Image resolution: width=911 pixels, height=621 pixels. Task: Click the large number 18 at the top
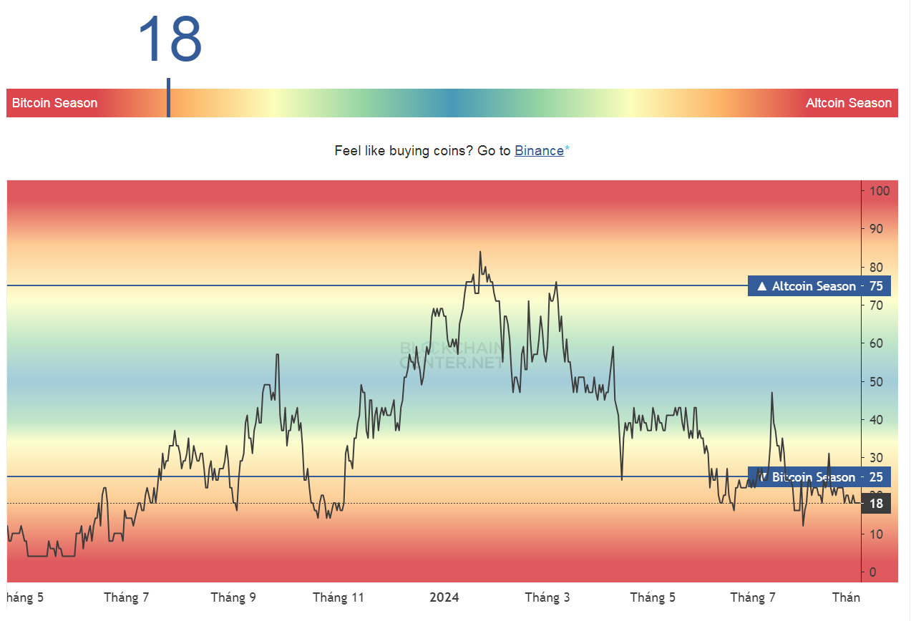pyautogui.click(x=170, y=39)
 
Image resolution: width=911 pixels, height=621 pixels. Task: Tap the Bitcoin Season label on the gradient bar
pyautogui.click(x=54, y=103)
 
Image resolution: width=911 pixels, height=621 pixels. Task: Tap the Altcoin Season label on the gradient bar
pyautogui.click(x=848, y=103)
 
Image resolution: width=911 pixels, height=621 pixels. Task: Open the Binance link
pyautogui.click(x=539, y=151)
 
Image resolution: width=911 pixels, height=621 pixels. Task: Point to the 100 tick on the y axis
pyautogui.click(x=880, y=191)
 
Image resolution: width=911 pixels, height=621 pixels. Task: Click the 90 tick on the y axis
pyautogui.click(x=876, y=229)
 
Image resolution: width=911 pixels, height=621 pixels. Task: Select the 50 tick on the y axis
pyautogui.click(x=876, y=381)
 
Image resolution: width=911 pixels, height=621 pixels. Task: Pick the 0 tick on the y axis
pyautogui.click(x=872, y=572)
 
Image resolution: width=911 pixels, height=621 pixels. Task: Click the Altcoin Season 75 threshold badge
pyautogui.click(x=819, y=286)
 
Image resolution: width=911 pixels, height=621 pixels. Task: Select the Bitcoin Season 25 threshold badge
pyautogui.click(x=819, y=477)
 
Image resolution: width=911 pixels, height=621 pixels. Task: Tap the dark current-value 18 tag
pyautogui.click(x=876, y=504)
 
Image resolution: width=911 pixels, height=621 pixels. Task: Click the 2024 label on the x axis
pyautogui.click(x=444, y=597)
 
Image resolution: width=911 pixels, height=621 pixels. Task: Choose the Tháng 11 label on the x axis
pyautogui.click(x=338, y=597)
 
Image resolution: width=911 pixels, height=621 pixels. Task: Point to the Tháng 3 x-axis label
pyautogui.click(x=547, y=597)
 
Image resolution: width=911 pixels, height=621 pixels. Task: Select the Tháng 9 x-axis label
pyautogui.click(x=233, y=597)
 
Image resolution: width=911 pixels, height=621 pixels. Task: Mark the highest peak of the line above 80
pyautogui.click(x=480, y=252)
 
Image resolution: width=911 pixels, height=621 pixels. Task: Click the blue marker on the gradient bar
pyautogui.click(x=168, y=98)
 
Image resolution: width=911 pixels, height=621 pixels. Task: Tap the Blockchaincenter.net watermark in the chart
pyautogui.click(x=452, y=355)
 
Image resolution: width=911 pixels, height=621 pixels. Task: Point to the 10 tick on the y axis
pyautogui.click(x=876, y=534)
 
